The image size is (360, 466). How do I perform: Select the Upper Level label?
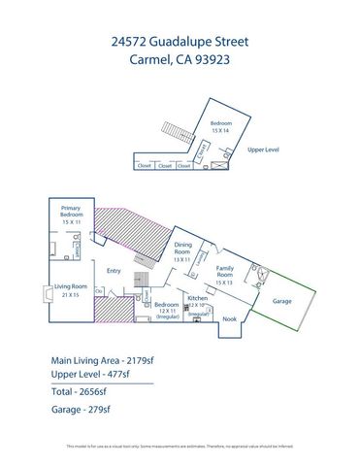[264, 150]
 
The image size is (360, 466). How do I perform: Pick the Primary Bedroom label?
[71, 213]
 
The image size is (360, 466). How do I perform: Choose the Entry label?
[114, 271]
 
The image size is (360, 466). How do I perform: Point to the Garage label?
[282, 302]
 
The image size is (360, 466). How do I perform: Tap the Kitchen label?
[198, 299]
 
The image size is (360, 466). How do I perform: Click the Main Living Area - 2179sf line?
[110, 359]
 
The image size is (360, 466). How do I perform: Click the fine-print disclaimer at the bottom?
[180, 447]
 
